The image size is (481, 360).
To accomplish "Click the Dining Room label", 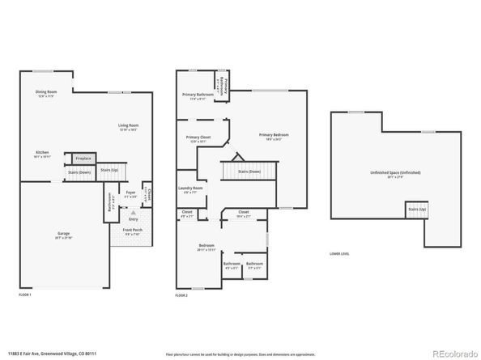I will tap(46, 92).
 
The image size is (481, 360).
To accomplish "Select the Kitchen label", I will tap(42, 153).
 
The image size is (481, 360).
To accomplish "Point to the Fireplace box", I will tap(84, 159).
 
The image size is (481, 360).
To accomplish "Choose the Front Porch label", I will tap(131, 231).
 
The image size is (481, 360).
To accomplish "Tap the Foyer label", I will tap(129, 193).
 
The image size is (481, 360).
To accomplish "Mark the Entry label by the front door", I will tap(132, 218).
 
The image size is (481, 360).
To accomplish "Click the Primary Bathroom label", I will tap(198, 95).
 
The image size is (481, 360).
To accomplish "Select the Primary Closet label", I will tap(198, 138).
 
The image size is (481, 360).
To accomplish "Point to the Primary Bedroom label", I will tap(274, 135).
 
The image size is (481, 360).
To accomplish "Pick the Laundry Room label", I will tap(191, 189).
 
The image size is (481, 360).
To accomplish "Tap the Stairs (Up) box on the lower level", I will tap(415, 210).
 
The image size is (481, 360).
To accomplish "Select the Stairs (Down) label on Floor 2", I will tap(248, 172).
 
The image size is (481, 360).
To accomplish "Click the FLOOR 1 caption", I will tap(25, 294).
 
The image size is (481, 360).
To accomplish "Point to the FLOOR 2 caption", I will tap(183, 296).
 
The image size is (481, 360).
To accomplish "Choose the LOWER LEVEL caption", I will tap(339, 254).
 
